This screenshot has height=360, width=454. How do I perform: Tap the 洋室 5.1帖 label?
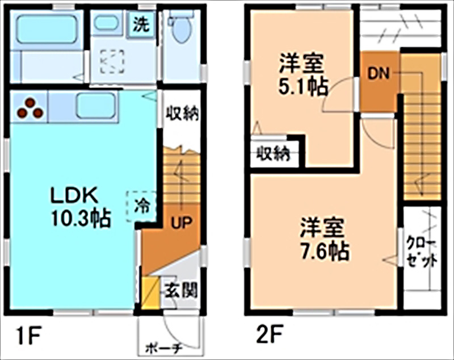(302, 74)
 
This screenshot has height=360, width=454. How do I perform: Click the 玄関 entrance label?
(181, 291)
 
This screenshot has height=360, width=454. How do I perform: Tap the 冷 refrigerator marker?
(141, 204)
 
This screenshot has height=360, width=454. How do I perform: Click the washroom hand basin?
(107, 23)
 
